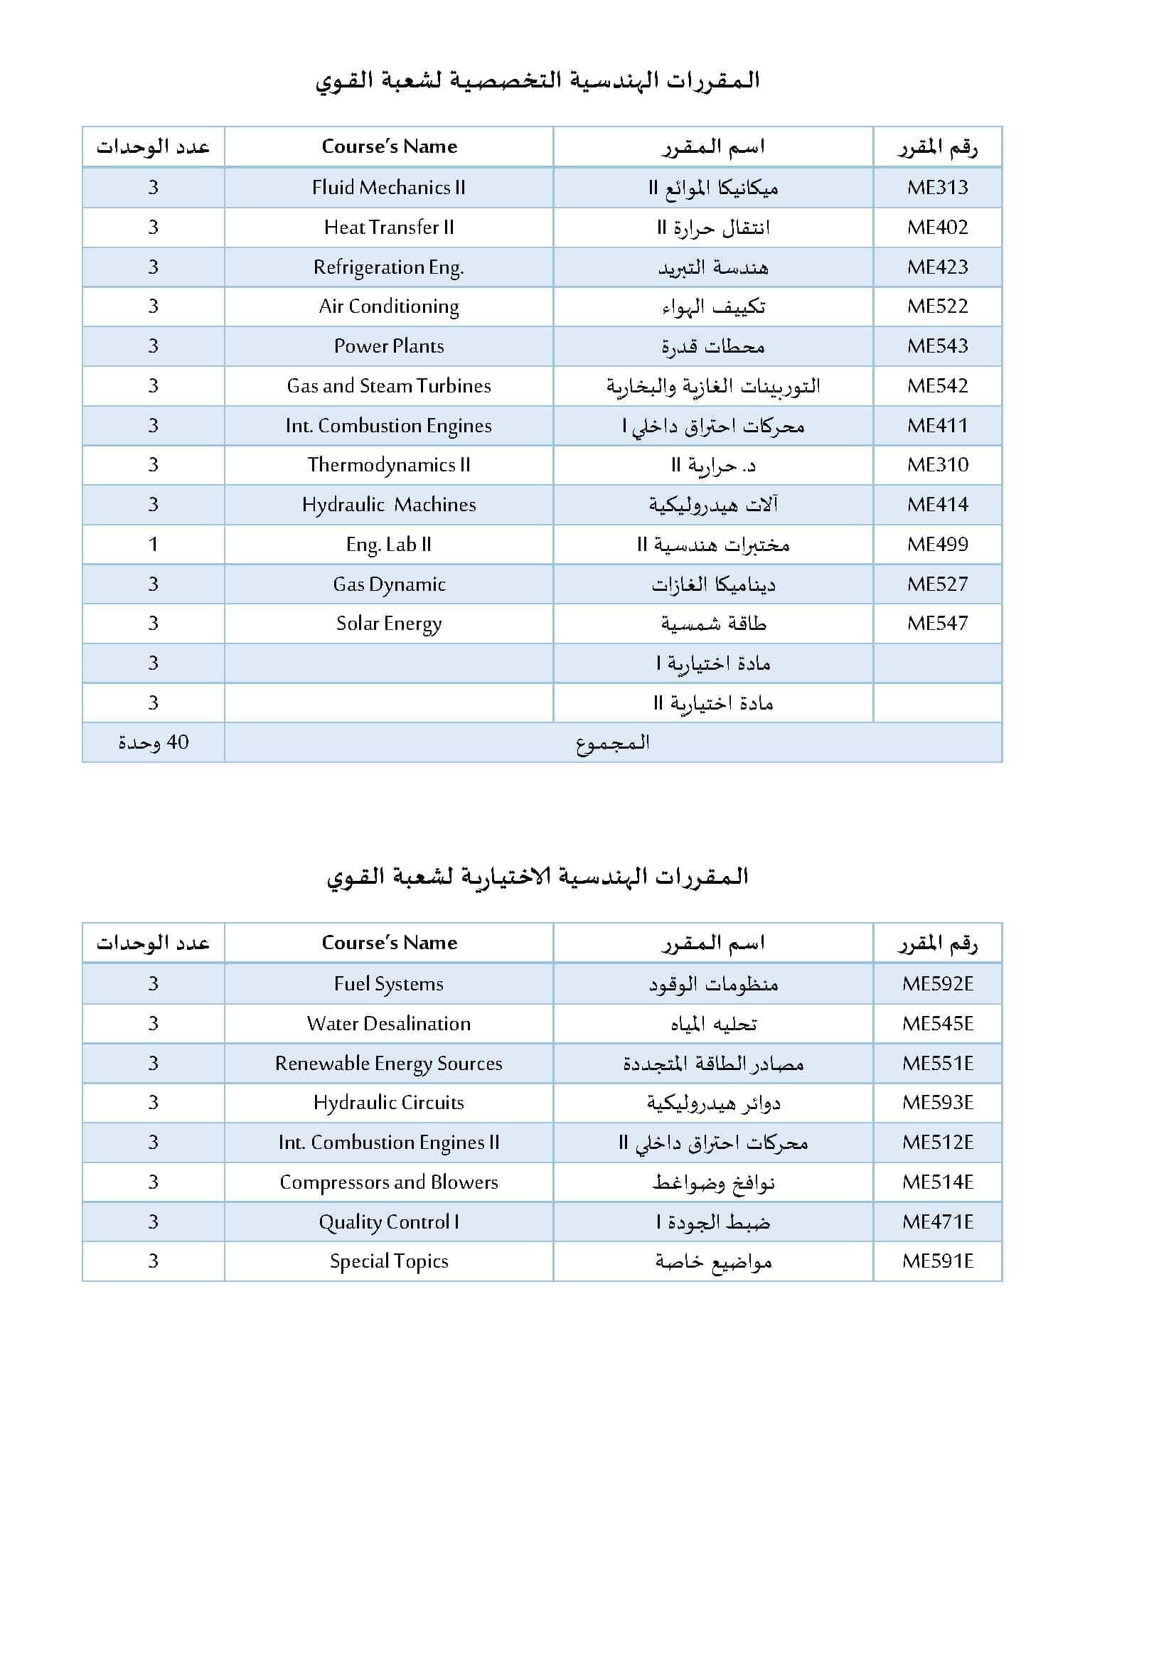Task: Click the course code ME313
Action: [937, 188]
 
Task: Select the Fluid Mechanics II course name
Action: [389, 188]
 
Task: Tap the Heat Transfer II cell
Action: [389, 228]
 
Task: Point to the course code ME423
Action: [937, 267]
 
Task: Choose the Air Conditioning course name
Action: [389, 306]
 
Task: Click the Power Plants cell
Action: [389, 346]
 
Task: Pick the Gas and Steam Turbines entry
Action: [389, 386]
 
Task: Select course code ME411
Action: [937, 426]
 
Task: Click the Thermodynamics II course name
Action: [389, 465]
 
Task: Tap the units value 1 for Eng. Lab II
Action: [153, 545]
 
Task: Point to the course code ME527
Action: [937, 584]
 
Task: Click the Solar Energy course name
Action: [389, 624]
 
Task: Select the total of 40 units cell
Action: [153, 742]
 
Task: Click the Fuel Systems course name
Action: [389, 983]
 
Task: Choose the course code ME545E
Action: [937, 1023]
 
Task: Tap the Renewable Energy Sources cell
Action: [389, 1063]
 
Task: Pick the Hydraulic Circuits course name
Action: [389, 1103]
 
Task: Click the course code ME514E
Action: [937, 1182]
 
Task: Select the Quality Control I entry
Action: [389, 1222]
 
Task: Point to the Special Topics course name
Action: [389, 1261]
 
